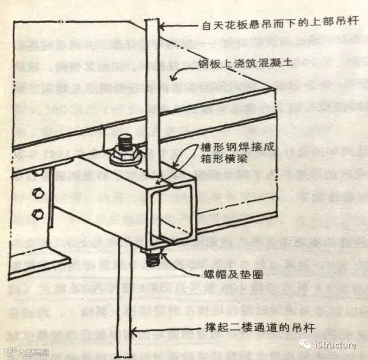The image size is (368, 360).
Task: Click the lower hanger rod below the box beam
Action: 123,299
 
